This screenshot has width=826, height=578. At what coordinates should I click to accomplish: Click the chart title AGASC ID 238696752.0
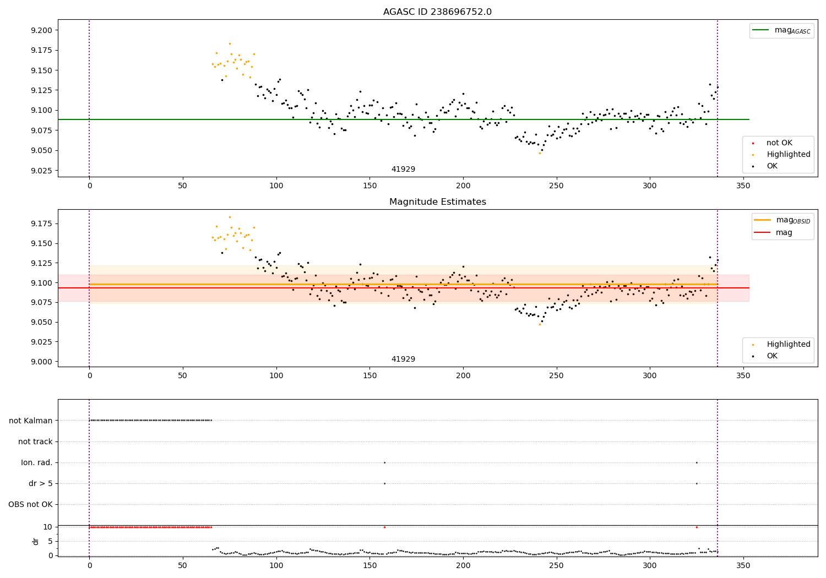(x=437, y=12)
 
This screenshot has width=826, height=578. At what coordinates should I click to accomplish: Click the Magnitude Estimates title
(x=437, y=202)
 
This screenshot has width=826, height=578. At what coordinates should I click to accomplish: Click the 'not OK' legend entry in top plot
(x=779, y=143)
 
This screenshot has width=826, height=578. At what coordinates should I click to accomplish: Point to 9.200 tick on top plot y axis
(x=41, y=30)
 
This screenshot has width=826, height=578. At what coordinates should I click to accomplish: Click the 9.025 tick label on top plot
(x=41, y=171)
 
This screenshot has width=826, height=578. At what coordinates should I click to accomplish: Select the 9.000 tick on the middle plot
(x=41, y=362)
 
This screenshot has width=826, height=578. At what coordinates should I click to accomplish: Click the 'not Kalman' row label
(x=31, y=421)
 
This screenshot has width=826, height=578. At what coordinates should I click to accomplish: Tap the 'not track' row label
(x=35, y=441)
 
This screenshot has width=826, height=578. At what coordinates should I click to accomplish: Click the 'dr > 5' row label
(x=40, y=483)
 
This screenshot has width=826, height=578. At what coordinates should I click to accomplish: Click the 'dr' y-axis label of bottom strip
(x=36, y=541)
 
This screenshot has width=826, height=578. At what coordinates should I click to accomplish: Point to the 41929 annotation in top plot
(x=403, y=170)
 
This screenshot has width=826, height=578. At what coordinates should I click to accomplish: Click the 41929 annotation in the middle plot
(x=403, y=359)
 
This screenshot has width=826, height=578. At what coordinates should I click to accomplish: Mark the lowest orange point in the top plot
(x=540, y=153)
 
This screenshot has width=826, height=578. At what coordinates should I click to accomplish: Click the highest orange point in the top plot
(x=230, y=43)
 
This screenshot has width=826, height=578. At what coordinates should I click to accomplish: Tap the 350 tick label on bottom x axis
(x=743, y=565)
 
